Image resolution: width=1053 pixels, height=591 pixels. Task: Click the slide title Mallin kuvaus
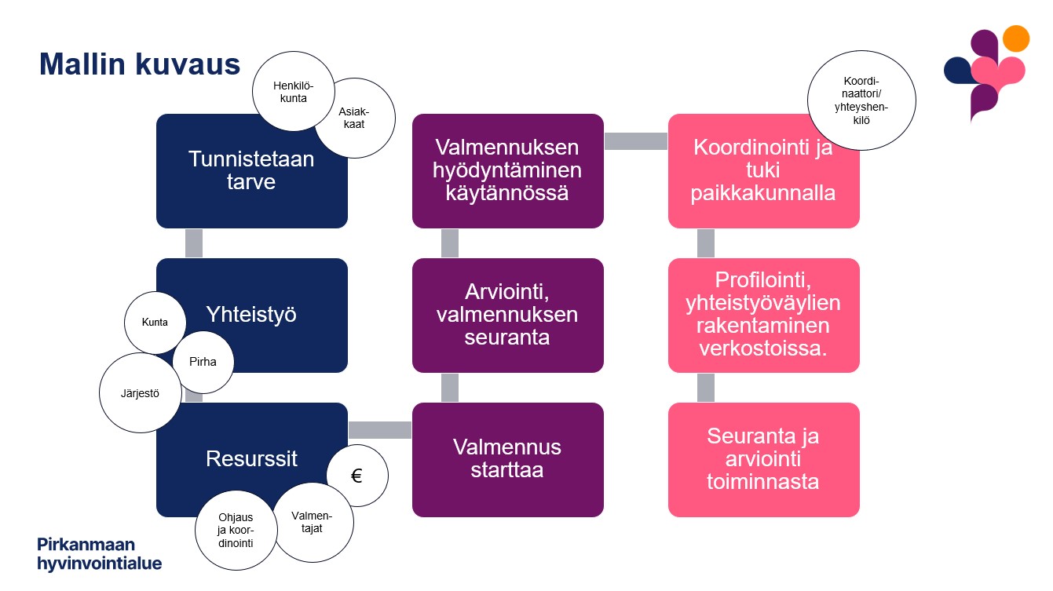pos(140,64)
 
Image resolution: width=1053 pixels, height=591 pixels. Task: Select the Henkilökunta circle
pos(294,92)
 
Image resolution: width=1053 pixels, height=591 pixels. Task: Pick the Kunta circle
pos(155,323)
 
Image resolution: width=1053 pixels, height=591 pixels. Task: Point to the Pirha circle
pos(203,362)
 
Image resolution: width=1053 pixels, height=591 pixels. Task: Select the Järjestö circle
pos(140,392)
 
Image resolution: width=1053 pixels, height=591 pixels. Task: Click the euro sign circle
pos(357,476)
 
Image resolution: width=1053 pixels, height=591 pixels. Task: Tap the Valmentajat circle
pos(313,523)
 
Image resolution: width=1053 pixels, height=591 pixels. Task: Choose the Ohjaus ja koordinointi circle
pos(236,531)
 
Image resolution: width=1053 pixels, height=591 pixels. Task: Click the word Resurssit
pos(251,458)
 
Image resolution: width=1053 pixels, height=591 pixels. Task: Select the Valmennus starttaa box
pos(508,459)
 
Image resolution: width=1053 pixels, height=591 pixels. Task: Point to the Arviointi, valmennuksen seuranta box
pos(508,316)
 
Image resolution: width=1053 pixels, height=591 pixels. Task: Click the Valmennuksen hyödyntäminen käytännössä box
pos(508,171)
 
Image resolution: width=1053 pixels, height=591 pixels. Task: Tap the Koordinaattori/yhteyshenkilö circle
pos(861,100)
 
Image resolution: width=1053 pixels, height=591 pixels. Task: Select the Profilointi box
pos(764,316)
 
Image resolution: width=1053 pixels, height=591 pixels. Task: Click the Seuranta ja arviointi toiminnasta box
pos(764,459)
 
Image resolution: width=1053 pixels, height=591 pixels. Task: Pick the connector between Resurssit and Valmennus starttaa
pos(380,430)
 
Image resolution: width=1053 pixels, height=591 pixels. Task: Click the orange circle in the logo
pos(1016,38)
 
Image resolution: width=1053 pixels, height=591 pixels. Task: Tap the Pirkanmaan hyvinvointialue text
pos(99,553)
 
